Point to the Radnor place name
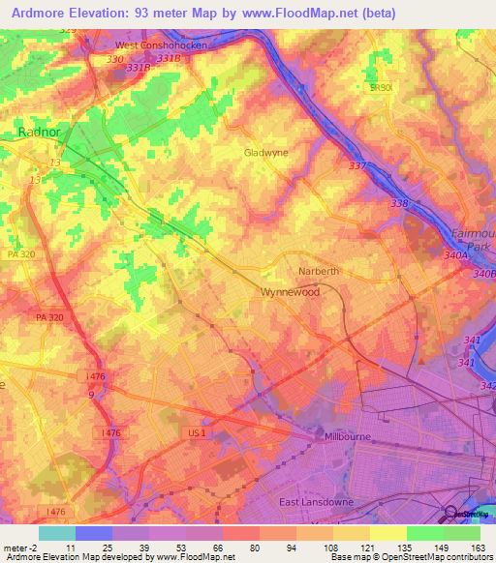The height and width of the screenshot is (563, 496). [40, 133]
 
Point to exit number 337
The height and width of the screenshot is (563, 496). [358, 166]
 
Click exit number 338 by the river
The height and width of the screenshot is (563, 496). [399, 203]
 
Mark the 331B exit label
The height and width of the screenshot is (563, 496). [169, 58]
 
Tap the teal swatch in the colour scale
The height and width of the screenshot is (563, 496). [56, 533]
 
